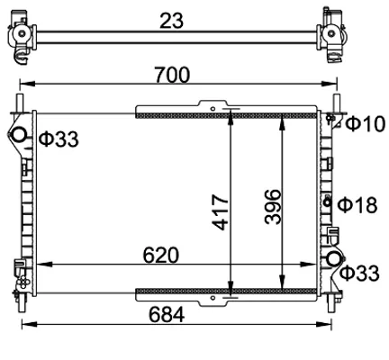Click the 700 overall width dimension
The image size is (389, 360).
[x=172, y=75]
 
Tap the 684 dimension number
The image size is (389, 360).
[x=167, y=315]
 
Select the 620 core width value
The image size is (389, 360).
[x=161, y=256]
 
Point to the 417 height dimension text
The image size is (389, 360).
[x=221, y=212]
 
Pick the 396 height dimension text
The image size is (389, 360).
[x=273, y=207]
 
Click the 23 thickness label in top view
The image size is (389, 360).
[x=171, y=21]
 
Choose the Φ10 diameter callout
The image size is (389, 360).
[x=366, y=124]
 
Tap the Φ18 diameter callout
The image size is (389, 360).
[x=357, y=205]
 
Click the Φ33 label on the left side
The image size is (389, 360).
[x=59, y=139]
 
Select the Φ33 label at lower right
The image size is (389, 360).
[x=359, y=274]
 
